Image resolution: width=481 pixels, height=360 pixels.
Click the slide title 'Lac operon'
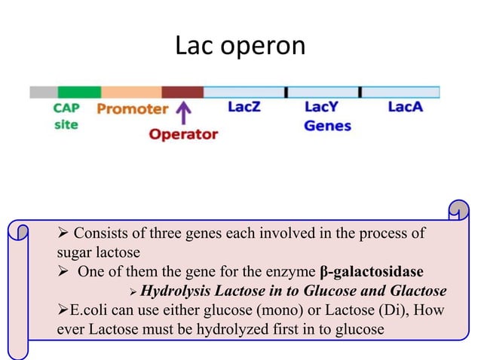[x=240, y=46]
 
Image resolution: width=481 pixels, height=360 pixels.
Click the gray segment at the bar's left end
[x=43, y=92]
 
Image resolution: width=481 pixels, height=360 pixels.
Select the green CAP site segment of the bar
[x=78, y=92]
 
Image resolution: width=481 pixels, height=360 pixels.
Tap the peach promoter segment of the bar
[x=131, y=92]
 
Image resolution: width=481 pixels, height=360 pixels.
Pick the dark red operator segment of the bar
[x=182, y=92]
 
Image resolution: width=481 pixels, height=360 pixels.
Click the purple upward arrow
[x=182, y=114]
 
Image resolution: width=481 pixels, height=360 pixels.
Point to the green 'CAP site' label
[x=66, y=116]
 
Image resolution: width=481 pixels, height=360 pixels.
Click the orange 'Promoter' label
[x=132, y=108]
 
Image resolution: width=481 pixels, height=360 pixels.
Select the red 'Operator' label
[x=183, y=135]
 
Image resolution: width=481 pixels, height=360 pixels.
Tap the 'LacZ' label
[x=244, y=108]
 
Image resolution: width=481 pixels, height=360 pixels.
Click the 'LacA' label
[x=405, y=108]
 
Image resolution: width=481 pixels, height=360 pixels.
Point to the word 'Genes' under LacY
[x=327, y=126]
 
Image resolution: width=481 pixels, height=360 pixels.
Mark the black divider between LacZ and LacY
[x=286, y=92]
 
